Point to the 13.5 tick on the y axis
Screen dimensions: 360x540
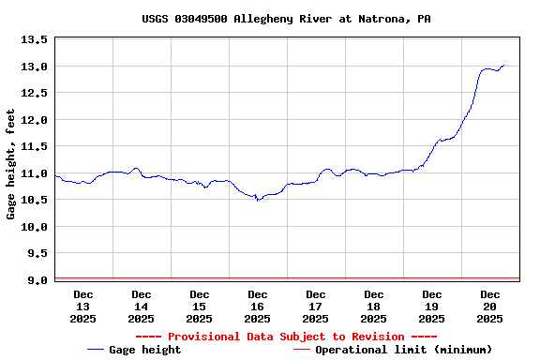tap(35, 40)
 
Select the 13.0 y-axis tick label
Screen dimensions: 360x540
tap(35, 67)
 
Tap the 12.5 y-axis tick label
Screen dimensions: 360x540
tap(35, 94)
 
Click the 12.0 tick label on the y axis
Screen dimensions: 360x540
tap(35, 120)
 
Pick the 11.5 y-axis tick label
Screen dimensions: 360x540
tap(35, 147)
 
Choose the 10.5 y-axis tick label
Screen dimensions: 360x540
tap(35, 201)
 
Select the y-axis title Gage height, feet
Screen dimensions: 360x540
tap(11, 164)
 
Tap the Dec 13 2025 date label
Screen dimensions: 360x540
tap(82, 307)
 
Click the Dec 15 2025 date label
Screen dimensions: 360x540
tap(199, 307)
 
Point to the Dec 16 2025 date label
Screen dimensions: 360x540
tap(257, 307)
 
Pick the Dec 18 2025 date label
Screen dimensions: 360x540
tap(373, 307)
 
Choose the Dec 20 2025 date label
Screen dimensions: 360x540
tap(489, 307)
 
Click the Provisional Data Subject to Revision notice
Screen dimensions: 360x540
tap(287, 337)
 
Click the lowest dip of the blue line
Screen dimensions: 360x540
tap(258, 200)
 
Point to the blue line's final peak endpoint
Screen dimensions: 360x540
tap(503, 66)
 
